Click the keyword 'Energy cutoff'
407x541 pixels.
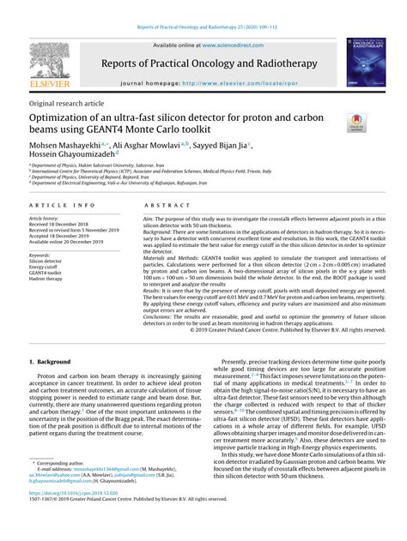[x=47, y=267]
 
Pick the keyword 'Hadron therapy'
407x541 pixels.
[x=48, y=280]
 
